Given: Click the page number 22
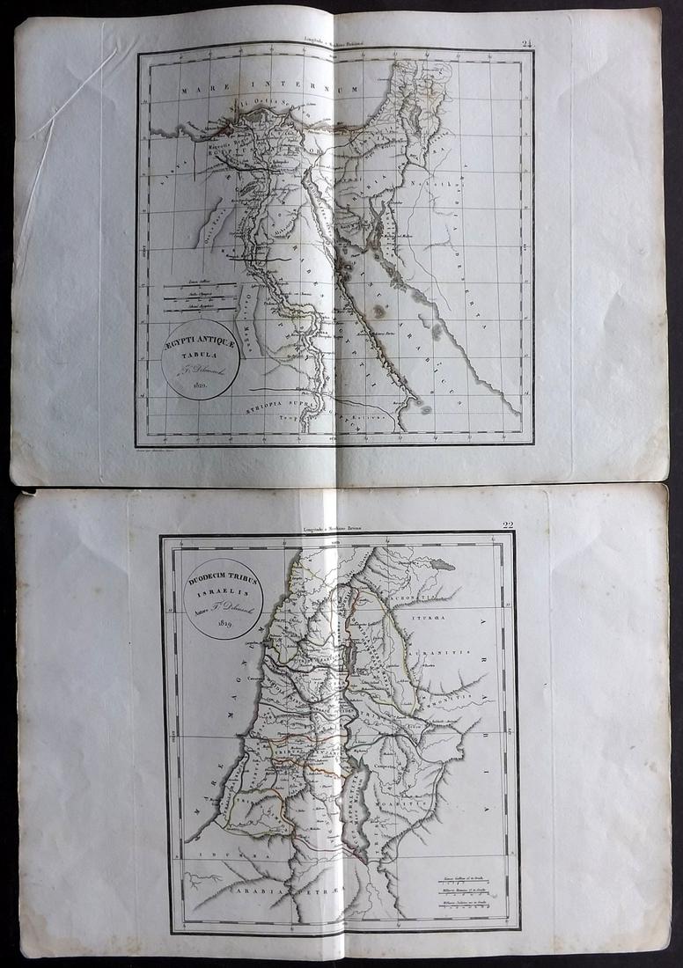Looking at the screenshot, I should point(508,525).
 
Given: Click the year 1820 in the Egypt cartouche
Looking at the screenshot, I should point(194,385).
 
